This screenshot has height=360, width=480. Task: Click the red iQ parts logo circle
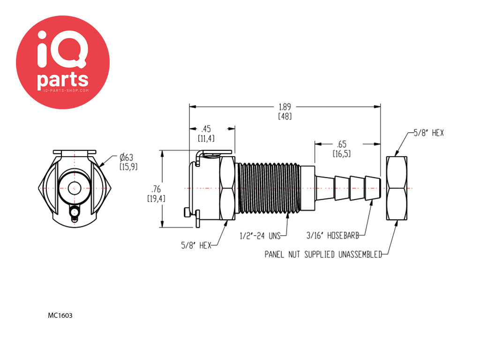click(63, 62)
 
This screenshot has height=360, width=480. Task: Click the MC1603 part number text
click(60, 315)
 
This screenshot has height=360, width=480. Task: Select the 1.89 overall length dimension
click(285, 107)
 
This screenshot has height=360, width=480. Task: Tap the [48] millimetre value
click(285, 116)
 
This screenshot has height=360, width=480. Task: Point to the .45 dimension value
click(206, 128)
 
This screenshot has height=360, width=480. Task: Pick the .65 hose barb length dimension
click(342, 144)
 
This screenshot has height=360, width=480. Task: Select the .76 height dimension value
click(156, 189)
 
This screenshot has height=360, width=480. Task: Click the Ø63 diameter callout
click(127, 157)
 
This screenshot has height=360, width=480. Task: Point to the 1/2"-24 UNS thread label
click(260, 236)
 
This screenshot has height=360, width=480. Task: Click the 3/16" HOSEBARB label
click(332, 235)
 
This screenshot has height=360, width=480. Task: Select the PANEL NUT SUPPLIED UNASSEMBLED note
click(323, 255)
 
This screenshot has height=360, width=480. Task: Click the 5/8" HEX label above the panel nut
click(428, 133)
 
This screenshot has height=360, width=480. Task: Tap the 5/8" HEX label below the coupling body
click(196, 245)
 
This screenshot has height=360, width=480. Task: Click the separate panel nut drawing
click(397, 188)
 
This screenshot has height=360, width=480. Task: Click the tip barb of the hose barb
click(373, 188)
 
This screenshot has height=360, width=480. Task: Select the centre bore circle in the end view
click(74, 188)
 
